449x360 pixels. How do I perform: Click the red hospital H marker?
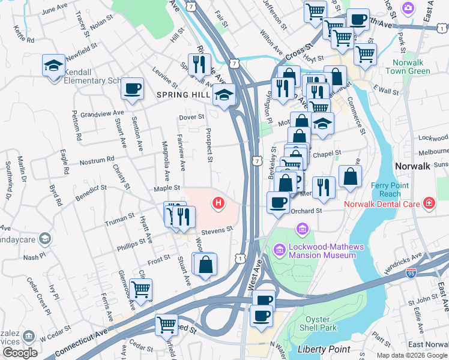[218, 204]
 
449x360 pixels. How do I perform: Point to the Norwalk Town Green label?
[411, 67]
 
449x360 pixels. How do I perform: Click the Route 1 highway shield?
[241, 257]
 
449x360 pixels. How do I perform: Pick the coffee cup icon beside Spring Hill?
[132, 89]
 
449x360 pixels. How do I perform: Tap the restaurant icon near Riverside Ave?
[199, 64]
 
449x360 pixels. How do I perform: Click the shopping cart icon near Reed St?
[167, 325]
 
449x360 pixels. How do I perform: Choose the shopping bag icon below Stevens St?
[205, 263]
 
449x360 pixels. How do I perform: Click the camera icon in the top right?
[409, 8]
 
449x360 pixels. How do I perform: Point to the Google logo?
[20, 352]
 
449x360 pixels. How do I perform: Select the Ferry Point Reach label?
[386, 190]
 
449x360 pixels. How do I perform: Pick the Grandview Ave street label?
[102, 112]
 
